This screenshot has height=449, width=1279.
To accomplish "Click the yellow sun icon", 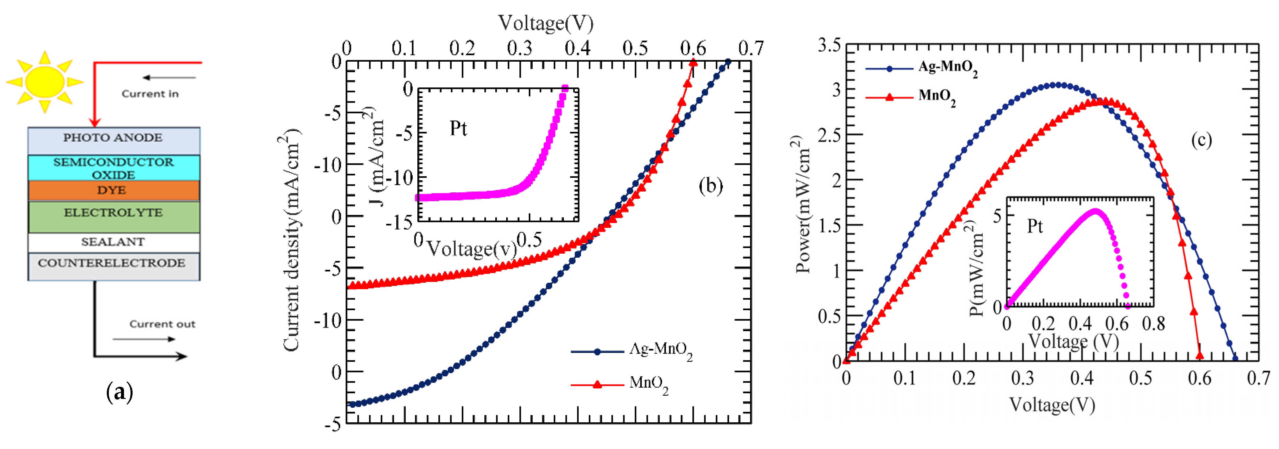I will (x=45, y=82).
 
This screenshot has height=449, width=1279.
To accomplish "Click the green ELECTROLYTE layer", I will (x=114, y=216).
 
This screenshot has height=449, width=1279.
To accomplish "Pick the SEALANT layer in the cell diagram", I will (x=114, y=242).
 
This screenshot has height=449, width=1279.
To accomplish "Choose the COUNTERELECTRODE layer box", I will (x=114, y=266).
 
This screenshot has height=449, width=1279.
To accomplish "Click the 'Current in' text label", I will (x=150, y=94).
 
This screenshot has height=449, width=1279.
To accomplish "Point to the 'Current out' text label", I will (x=162, y=324).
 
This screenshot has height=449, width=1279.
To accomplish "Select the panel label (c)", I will (x=1201, y=140).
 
